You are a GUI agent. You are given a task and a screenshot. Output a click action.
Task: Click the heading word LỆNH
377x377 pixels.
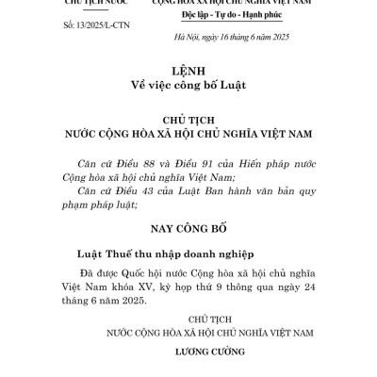189,71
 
